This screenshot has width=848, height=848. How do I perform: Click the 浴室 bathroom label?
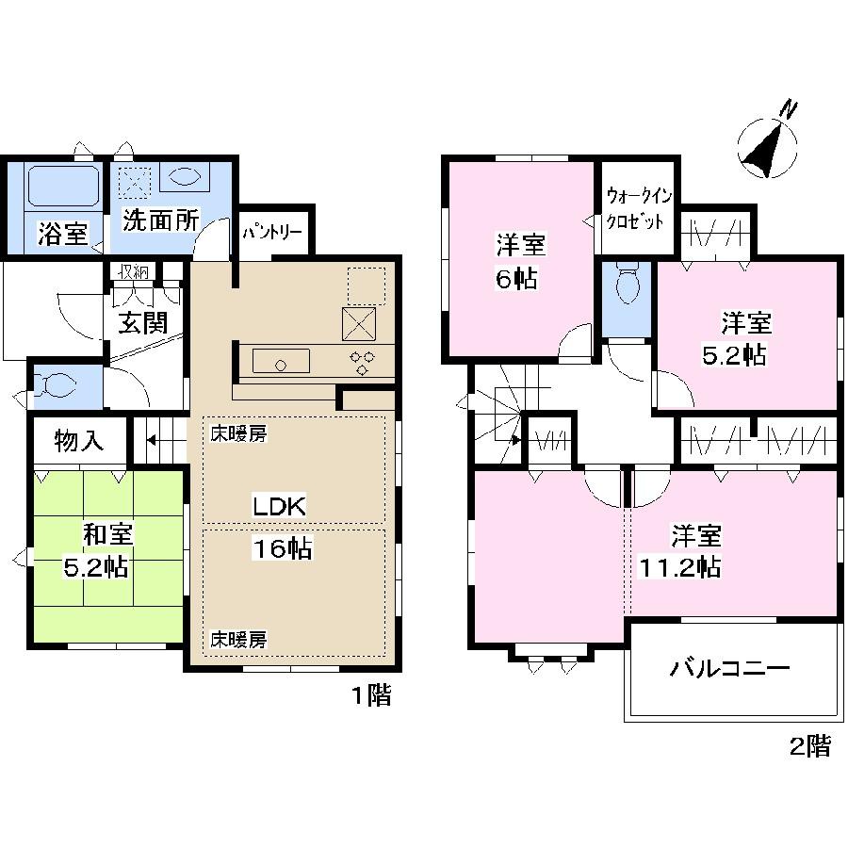coord(63,233)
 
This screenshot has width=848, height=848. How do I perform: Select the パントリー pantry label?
coord(273,230)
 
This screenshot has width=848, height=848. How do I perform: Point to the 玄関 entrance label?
coord(143,322)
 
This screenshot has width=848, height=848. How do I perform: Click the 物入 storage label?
coord(78,442)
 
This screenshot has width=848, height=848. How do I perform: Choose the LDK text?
coord(279,506)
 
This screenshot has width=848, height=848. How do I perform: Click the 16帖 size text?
coord(282,549)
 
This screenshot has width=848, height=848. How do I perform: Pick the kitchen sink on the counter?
coord(281,361)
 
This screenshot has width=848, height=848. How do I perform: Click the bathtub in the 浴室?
coord(63,186)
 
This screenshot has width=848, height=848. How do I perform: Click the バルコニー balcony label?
coord(729,670)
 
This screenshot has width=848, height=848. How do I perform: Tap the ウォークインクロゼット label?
coord(638,208)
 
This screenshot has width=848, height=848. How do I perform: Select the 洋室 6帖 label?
coord(519,262)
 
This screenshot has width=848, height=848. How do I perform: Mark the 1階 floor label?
coord(371,696)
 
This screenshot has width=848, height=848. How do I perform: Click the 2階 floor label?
coord(810,747)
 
